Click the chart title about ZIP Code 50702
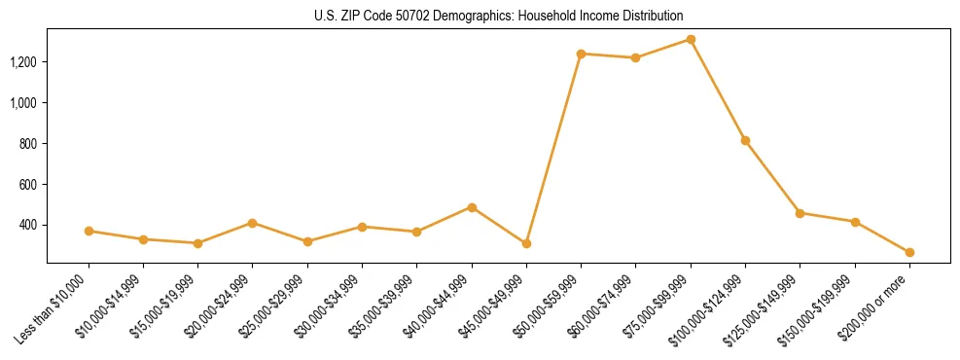480,16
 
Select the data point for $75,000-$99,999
691,39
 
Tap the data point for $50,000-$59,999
581,54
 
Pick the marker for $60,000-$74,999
635,57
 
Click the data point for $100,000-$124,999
745,140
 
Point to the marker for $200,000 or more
909,252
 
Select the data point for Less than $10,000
89,231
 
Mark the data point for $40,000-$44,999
472,207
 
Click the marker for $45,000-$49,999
526,243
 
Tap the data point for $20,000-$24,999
253,223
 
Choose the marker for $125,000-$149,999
800,213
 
